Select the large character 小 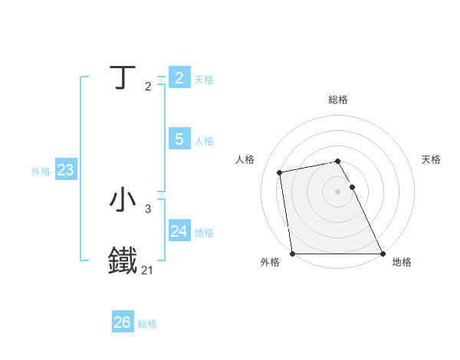123,200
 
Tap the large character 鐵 123,260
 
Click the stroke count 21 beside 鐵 147,270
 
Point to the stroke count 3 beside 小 147,208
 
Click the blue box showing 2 179,78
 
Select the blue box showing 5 179,139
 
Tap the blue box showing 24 179,231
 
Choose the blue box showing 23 65,170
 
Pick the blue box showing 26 122,322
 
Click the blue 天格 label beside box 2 204,80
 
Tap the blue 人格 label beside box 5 204,141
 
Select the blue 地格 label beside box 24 204,233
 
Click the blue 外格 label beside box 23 41,172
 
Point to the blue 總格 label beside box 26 147,324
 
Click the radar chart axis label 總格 338,100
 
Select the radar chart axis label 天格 431,159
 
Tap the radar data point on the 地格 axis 383,254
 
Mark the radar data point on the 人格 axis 280,172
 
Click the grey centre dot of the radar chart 338,191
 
